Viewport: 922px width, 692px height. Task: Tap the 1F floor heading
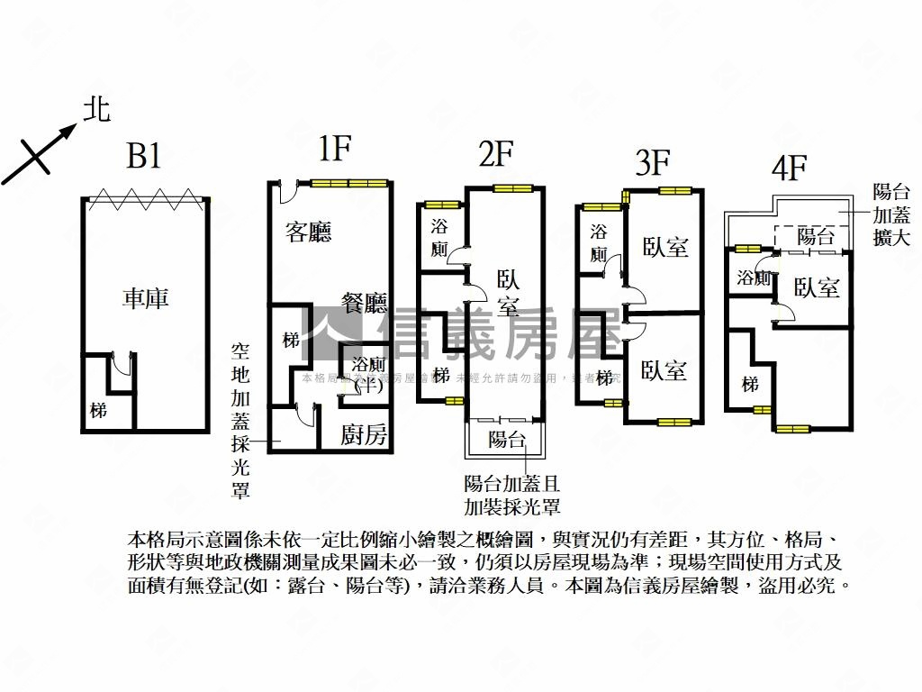[x=334, y=150]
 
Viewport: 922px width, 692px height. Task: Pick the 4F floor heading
[x=789, y=168]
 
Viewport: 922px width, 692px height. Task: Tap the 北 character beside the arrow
[x=96, y=111]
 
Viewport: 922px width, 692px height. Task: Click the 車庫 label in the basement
[x=146, y=298]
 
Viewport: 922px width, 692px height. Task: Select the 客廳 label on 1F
[x=309, y=232]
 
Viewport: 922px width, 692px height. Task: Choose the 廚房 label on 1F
[x=364, y=436]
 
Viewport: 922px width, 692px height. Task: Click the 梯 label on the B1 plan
[x=98, y=411]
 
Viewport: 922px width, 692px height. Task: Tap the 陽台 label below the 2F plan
[x=506, y=440]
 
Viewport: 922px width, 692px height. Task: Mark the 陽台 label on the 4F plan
[x=816, y=237]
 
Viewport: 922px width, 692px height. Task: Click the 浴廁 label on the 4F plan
[x=753, y=278]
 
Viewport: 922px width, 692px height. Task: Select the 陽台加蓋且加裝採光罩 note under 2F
[x=512, y=495]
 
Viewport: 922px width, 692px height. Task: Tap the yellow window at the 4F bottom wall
[x=793, y=429]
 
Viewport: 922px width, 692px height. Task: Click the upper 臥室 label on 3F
[x=665, y=247]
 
